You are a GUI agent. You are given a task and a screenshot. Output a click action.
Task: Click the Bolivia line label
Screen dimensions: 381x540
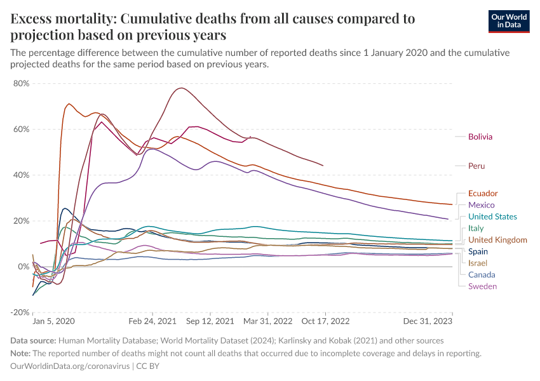[480, 137]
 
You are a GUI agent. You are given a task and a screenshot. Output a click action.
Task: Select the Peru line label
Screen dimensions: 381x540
[476, 166]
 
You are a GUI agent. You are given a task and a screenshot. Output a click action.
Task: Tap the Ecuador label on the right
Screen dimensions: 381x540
[483, 193]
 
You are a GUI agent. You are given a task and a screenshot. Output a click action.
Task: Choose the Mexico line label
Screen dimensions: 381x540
[481, 205]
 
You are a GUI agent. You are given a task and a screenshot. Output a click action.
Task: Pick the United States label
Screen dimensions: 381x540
[492, 217]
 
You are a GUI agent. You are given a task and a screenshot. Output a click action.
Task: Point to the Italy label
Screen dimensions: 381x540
[476, 228]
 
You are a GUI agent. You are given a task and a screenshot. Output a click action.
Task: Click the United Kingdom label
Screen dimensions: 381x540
[497, 240]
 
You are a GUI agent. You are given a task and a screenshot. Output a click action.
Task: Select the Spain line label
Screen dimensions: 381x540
[478, 251]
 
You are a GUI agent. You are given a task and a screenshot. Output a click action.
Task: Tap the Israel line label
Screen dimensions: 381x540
[478, 263]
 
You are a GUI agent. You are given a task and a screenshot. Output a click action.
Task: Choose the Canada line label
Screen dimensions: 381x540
[481, 275]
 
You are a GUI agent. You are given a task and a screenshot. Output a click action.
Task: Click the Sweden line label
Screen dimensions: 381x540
[482, 286]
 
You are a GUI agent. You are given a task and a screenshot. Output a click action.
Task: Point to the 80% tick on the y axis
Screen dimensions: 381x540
[21, 84]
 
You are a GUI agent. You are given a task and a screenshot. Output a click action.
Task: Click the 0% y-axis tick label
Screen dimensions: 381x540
[24, 267]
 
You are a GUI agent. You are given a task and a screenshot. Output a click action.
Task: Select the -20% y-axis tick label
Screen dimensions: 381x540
[21, 312]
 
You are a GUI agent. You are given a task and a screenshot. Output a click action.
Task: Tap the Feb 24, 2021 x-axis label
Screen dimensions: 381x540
[152, 321]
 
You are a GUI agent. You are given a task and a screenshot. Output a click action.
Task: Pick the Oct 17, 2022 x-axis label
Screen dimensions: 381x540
[325, 321]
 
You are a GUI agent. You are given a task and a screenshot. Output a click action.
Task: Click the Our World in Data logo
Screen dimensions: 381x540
[508, 21]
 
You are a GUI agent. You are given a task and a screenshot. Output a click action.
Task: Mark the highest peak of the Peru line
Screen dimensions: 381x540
[182, 88]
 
